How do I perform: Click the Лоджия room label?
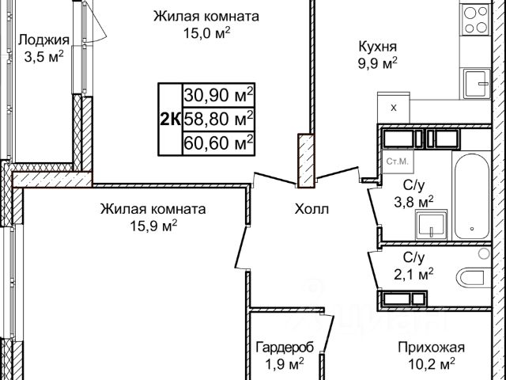point(43,40)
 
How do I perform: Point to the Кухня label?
point(377,47)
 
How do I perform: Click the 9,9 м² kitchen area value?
point(377,63)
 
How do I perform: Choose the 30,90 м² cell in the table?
point(218,95)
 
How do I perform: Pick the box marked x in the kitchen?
point(393,107)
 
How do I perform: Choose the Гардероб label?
point(285,348)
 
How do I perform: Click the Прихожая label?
point(431,348)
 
